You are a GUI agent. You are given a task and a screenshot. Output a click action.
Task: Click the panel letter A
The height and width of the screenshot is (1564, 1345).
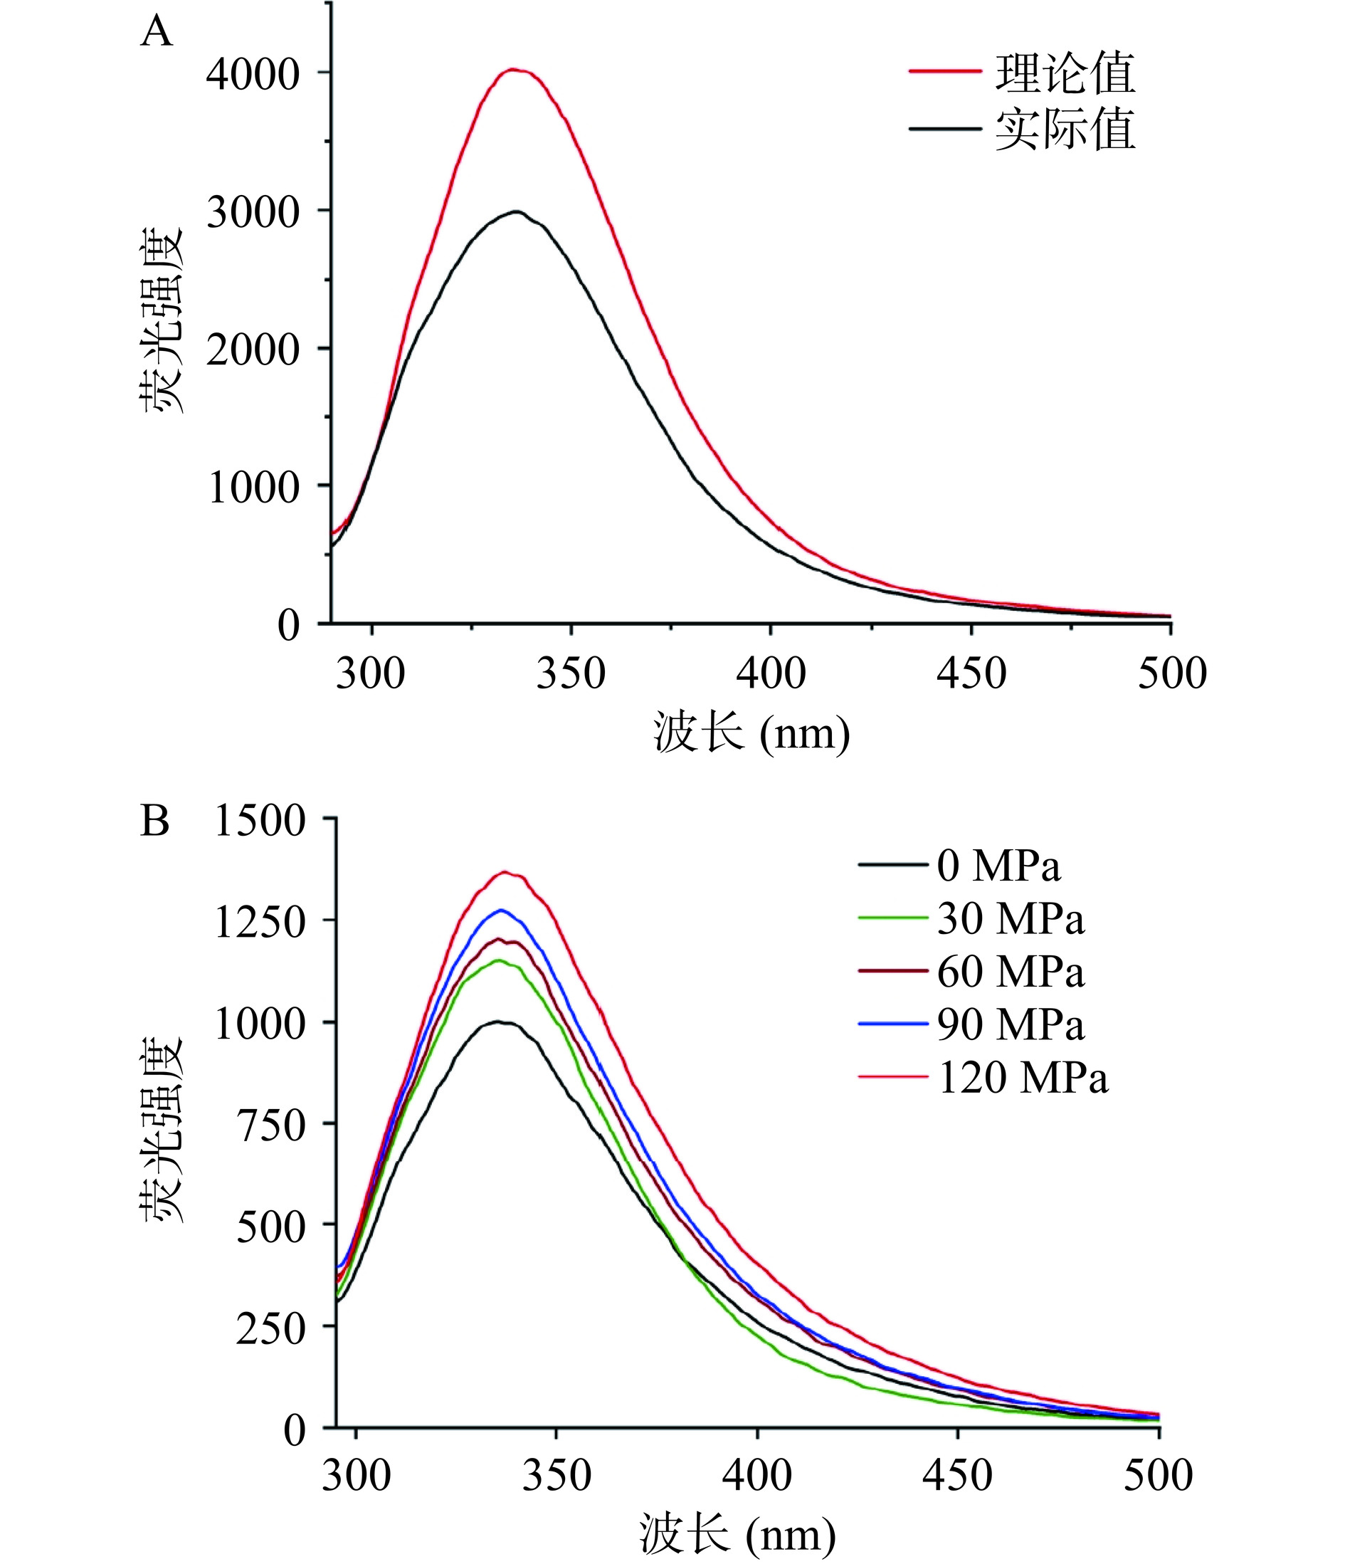coord(157,33)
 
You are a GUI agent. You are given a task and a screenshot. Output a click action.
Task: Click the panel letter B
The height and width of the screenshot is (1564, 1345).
coord(154,822)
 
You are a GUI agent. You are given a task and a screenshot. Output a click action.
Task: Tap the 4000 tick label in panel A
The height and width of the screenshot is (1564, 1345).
coord(253,75)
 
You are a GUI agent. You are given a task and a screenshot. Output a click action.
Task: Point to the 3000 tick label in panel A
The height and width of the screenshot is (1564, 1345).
coord(253,213)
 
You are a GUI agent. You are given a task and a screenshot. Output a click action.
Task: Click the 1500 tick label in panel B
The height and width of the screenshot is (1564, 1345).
coord(260,821)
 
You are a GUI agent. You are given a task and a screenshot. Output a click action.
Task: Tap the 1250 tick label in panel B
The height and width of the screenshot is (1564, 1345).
coord(260,923)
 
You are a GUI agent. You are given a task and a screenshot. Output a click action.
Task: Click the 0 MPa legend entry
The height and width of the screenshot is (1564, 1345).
coord(998,866)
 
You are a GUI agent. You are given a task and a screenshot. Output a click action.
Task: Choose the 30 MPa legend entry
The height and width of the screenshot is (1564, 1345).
coord(1011,918)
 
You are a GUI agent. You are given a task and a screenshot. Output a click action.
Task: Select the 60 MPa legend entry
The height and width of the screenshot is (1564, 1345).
coord(1011,972)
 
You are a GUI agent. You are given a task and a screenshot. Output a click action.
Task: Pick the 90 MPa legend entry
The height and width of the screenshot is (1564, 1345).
coord(1011,1024)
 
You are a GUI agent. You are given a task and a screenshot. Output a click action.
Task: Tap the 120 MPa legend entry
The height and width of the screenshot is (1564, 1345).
coord(1023,1077)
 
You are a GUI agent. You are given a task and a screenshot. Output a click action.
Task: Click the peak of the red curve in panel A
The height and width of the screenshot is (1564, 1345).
coord(513,70)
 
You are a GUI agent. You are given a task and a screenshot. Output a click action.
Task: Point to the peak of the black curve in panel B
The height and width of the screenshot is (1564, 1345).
coord(499,1022)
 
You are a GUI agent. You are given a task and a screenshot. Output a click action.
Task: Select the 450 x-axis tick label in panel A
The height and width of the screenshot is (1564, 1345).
coord(971,673)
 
